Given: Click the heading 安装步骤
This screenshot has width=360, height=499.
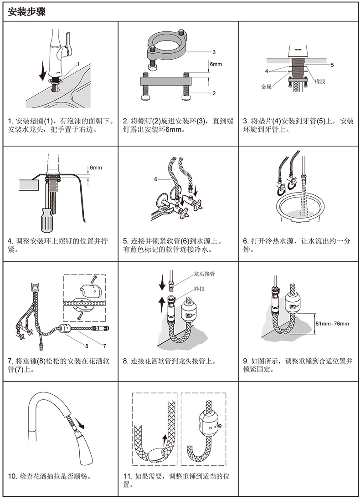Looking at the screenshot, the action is [x=26, y=12].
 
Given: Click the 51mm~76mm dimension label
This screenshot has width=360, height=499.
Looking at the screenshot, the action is [x=332, y=324].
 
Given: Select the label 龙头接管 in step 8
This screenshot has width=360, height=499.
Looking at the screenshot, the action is [x=205, y=274].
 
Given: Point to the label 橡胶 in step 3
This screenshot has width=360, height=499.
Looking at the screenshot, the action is [x=320, y=81].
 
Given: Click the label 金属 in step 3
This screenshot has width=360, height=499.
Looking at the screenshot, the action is [x=266, y=87].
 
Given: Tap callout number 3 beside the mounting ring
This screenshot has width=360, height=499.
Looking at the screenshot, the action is [x=214, y=52].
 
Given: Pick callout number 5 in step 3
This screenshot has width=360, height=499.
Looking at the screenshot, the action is [x=332, y=65].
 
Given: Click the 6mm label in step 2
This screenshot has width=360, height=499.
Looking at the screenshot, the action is [x=216, y=64].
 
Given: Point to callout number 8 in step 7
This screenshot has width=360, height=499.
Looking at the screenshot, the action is [x=86, y=346].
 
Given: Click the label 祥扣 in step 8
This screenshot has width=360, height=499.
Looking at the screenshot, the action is [x=199, y=289].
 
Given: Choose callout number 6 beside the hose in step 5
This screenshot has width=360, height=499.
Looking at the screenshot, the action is [x=156, y=179].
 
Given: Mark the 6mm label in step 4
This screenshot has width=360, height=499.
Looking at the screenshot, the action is [x=96, y=168].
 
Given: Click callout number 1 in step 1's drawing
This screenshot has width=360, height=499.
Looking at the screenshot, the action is [x=78, y=64].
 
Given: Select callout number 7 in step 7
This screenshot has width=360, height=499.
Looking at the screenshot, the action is [x=104, y=346].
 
